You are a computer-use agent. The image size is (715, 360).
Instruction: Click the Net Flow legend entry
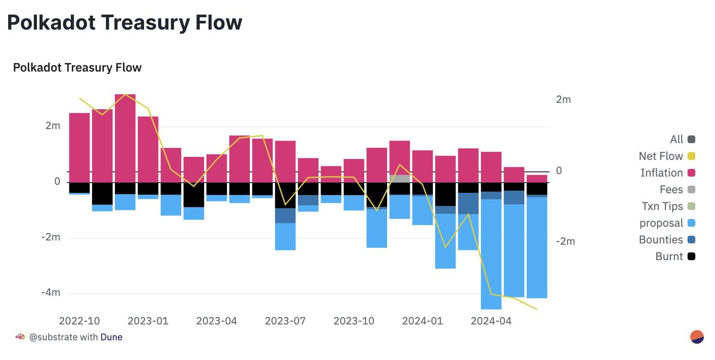(x=667, y=156)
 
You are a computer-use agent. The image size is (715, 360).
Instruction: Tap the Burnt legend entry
(x=675, y=256)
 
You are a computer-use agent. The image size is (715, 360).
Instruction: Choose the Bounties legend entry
(x=667, y=240)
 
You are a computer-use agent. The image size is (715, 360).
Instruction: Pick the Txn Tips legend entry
(x=668, y=206)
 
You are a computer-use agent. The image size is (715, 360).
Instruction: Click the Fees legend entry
(x=677, y=189)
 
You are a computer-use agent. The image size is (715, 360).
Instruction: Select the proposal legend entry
(x=667, y=223)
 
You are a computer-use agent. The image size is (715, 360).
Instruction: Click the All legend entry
(x=682, y=139)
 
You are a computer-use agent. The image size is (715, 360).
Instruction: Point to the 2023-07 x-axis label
(x=285, y=321)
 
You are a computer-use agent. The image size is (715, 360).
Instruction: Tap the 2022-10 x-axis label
(x=79, y=321)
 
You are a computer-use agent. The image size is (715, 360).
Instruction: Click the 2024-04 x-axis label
(x=491, y=321)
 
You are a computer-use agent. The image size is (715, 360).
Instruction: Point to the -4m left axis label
(x=51, y=292)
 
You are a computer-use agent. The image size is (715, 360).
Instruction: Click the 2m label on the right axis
(x=563, y=99)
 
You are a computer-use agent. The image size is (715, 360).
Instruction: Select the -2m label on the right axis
(x=565, y=241)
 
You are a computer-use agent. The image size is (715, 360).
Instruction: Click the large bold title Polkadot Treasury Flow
(x=125, y=23)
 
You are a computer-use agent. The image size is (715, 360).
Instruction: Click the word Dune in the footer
(x=111, y=337)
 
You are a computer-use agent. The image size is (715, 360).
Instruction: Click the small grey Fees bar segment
(x=400, y=179)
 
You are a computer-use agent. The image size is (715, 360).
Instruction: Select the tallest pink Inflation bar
(x=125, y=138)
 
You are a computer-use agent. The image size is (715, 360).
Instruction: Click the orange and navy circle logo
(x=697, y=337)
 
